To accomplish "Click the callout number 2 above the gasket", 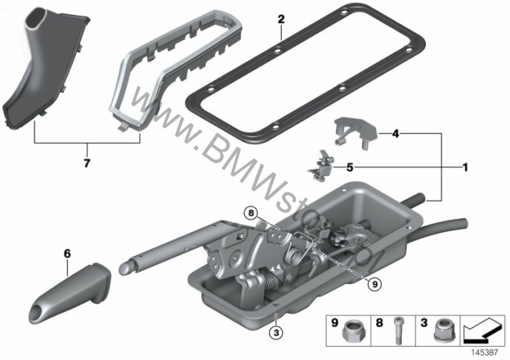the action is click(281, 19).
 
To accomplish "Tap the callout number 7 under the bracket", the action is click(87, 163).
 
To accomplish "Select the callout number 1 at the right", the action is click(465, 167).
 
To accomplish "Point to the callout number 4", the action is click(396, 133).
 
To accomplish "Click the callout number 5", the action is click(349, 167).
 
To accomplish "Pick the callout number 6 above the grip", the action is click(67, 254).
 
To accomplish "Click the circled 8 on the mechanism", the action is click(251, 213).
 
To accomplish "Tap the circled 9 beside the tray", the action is click(375, 284).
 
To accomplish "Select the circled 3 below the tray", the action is click(277, 332).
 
